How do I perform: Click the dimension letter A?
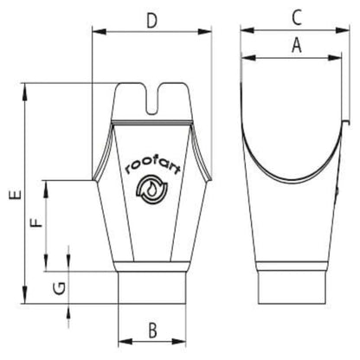tap(296, 48)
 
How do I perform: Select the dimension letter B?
tap(151, 330)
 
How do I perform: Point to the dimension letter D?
tap(151, 19)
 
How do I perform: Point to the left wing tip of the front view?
tap(96, 179)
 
